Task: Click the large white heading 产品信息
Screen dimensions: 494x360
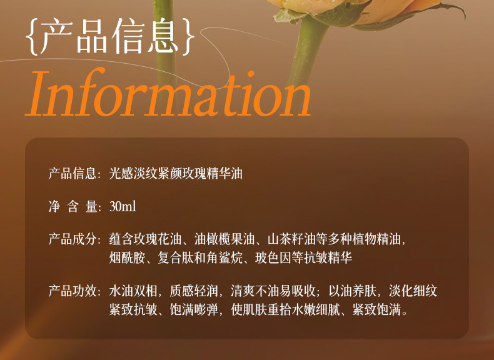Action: (110, 36)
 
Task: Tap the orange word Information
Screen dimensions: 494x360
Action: (168, 93)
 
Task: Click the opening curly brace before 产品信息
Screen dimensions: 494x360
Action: (32, 37)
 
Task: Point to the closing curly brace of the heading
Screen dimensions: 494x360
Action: (188, 37)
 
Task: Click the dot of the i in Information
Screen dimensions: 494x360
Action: (251, 74)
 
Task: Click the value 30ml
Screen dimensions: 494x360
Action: (123, 207)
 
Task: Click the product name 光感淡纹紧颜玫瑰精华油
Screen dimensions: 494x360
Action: (176, 174)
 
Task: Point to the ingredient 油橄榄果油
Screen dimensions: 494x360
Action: (224, 239)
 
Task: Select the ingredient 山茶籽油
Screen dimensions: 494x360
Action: (291, 239)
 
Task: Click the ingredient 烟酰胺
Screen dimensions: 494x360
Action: (128, 258)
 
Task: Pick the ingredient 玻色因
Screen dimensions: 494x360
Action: (273, 258)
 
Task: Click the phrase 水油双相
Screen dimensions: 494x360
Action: (133, 291)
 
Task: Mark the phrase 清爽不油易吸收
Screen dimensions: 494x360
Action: (273, 291)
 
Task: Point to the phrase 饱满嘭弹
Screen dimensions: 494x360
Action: (194, 310)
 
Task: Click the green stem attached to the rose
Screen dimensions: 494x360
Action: (307, 51)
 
